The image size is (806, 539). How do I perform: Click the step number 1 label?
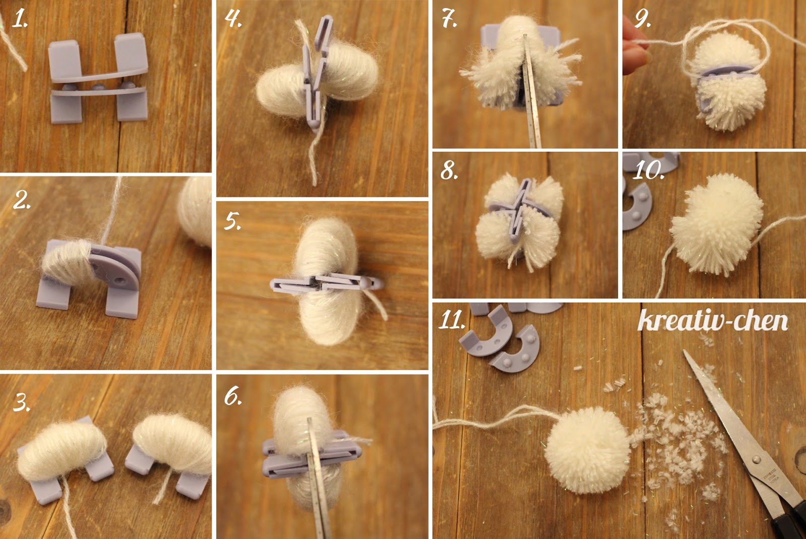(x=19, y=19)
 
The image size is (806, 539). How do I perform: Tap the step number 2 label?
(x=22, y=200)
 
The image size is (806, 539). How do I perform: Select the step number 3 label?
(x=22, y=402)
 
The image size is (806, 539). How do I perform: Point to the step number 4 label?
(x=233, y=18)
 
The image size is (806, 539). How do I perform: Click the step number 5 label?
(x=232, y=220)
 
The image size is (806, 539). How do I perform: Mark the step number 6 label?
(x=233, y=396)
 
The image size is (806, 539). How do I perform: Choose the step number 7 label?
(x=449, y=18)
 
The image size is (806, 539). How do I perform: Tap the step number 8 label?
(x=449, y=170)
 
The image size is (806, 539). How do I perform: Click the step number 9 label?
(x=643, y=18)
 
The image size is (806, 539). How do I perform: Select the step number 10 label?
(x=649, y=170)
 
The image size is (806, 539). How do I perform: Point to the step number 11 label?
(x=452, y=320)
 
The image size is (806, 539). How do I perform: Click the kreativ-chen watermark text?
(x=713, y=320)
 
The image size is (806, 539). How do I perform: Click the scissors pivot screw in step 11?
(x=756, y=459)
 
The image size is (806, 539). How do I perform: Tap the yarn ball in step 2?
(x=196, y=212)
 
